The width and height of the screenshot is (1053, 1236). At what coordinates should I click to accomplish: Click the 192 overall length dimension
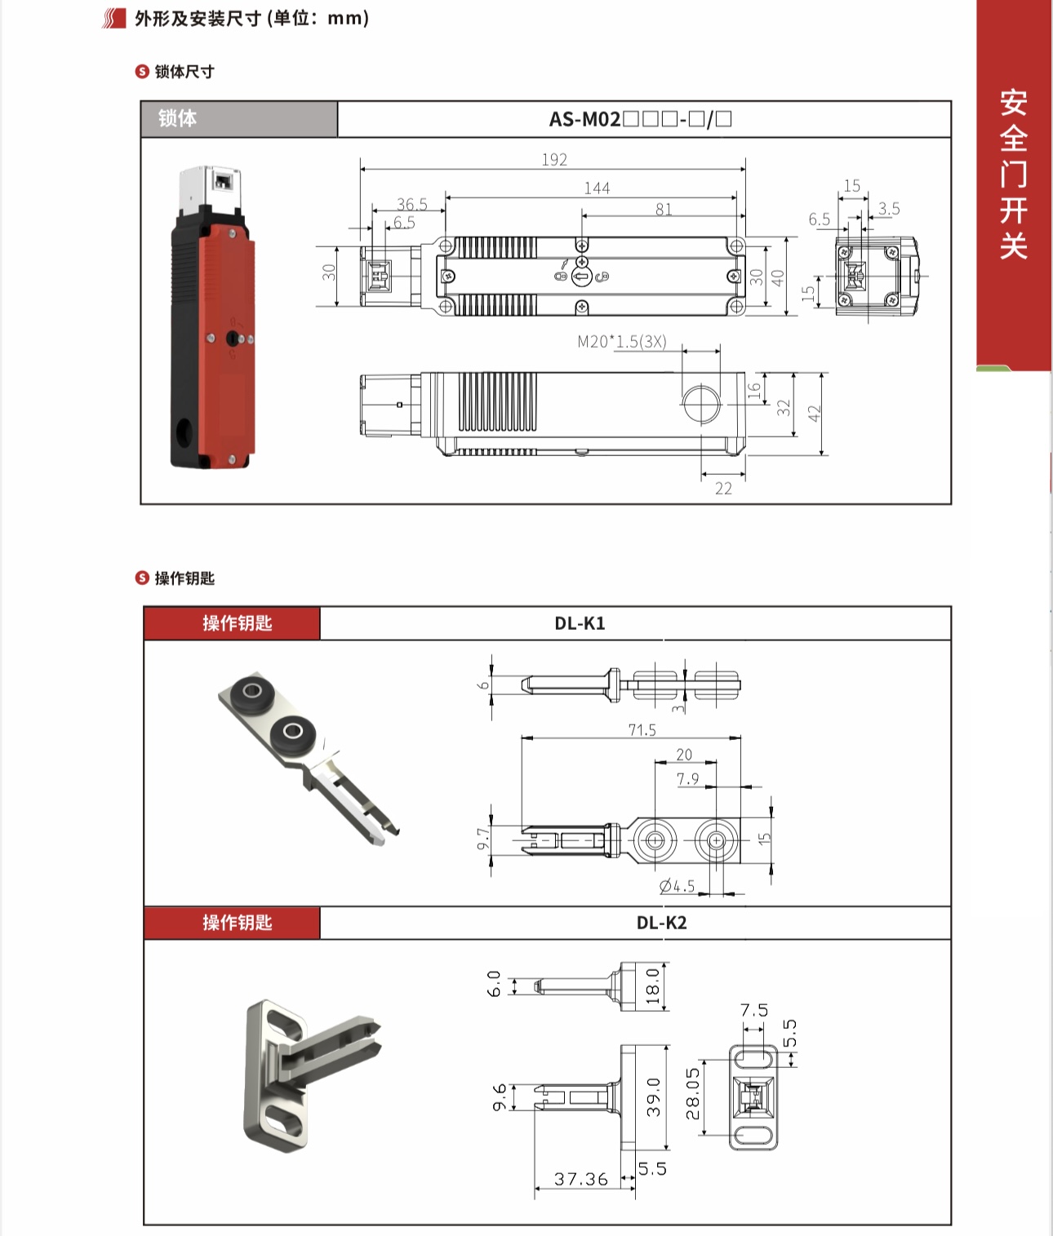(x=554, y=160)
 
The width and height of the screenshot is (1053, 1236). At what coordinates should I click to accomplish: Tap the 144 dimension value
(x=597, y=188)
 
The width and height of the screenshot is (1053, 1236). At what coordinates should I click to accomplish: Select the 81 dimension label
(x=664, y=210)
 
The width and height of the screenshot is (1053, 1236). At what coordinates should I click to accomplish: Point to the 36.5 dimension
(x=412, y=204)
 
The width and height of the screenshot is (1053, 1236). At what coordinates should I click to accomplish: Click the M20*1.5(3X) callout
(x=622, y=342)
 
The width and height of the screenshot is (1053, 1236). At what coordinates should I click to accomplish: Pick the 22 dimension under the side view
(x=723, y=489)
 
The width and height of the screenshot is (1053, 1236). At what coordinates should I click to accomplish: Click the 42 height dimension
(x=814, y=414)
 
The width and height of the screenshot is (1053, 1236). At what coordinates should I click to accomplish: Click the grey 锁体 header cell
(x=238, y=119)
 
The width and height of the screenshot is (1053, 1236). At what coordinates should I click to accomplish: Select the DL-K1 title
(x=580, y=624)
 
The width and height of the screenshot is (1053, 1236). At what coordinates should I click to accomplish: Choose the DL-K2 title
(x=661, y=924)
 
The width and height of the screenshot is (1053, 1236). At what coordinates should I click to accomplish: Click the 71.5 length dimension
(x=642, y=729)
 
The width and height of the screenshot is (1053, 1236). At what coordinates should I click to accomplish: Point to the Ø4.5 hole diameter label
(x=677, y=886)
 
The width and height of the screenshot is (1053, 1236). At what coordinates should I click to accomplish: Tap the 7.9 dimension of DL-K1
(x=687, y=779)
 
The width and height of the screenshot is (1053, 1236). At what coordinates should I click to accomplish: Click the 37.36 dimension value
(x=580, y=1179)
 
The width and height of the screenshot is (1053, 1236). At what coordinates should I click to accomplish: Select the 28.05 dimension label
(x=693, y=1093)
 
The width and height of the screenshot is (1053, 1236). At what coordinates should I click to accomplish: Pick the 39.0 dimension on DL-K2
(x=653, y=1096)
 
